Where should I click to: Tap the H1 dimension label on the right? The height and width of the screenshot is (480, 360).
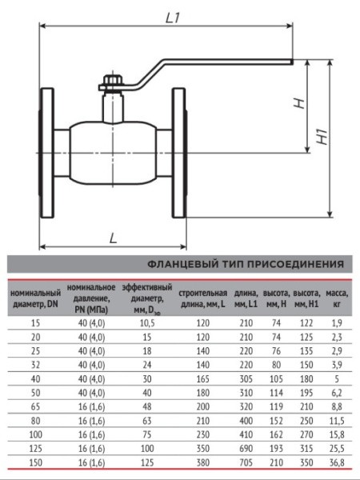[x=322, y=138]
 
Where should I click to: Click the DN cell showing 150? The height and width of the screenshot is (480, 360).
[x=34, y=463]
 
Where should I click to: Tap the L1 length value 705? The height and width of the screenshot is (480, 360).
[x=246, y=463]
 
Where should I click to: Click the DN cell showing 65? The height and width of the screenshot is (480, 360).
[x=34, y=407]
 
